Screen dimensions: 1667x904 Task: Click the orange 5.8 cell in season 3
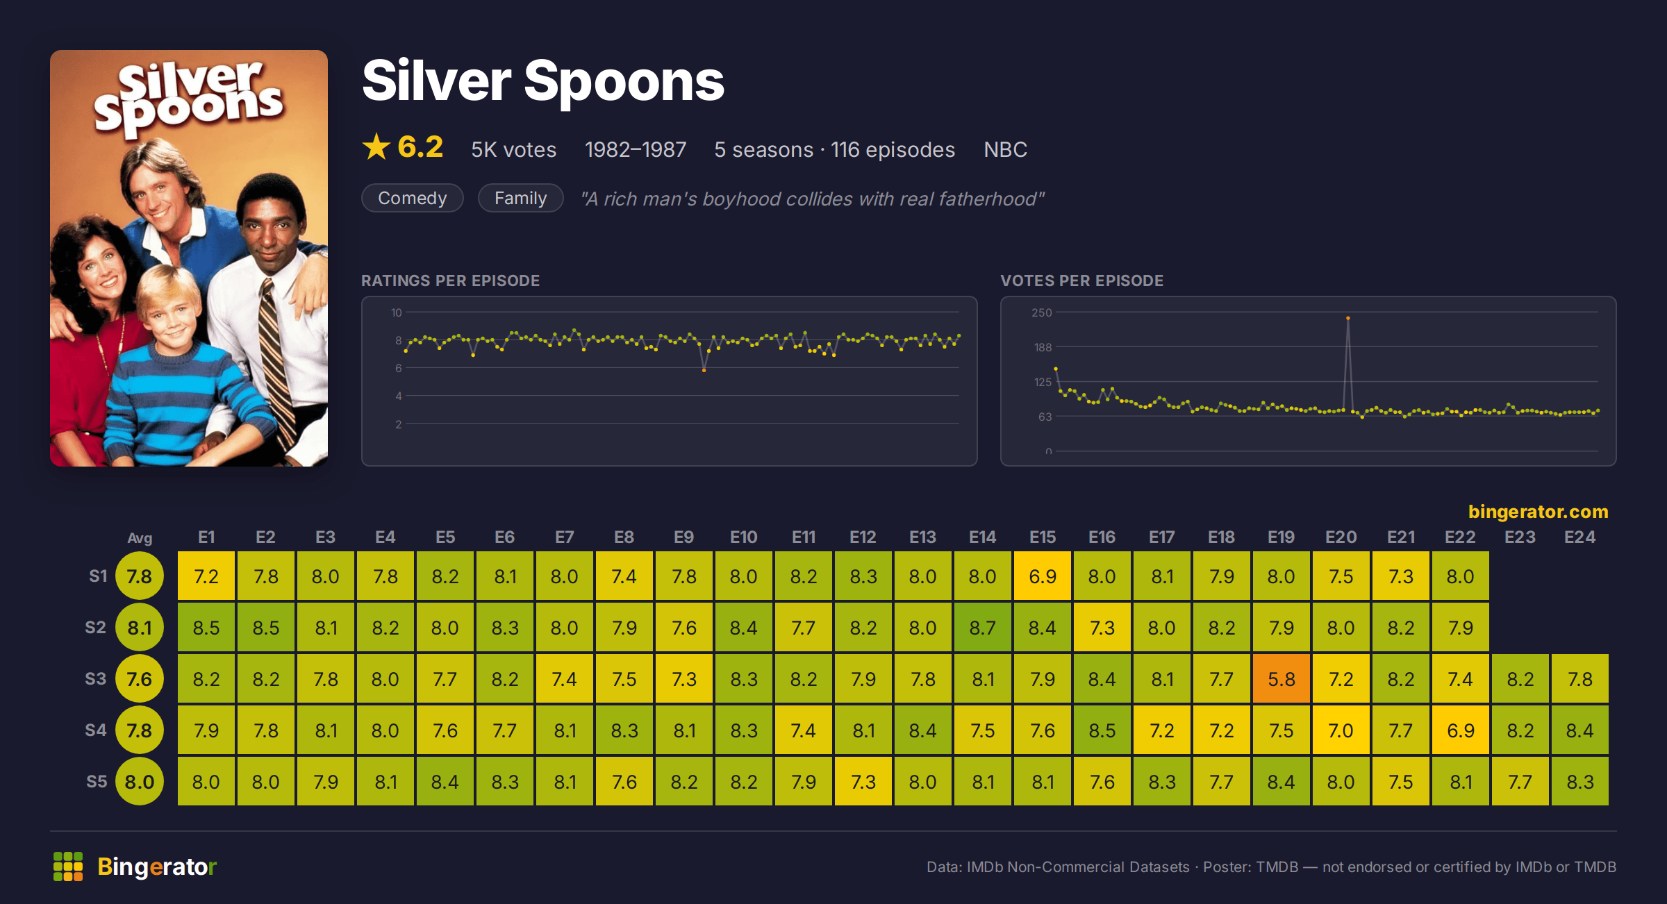pos(1281,678)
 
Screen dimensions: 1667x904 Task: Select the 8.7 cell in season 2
pos(982,627)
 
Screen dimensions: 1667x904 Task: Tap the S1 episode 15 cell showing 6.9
pos(1042,576)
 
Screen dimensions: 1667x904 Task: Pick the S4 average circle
pos(139,730)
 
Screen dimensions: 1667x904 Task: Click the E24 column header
pos(1579,537)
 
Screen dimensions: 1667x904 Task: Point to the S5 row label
pos(97,781)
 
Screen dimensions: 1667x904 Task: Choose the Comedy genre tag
pos(412,198)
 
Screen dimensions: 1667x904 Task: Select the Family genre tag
pos(520,198)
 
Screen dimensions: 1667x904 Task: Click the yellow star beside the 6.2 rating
pos(376,147)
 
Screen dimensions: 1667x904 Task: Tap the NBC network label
pos(1005,149)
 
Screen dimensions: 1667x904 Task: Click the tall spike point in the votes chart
pos(1347,318)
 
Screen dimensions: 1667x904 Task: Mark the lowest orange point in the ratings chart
pos(704,371)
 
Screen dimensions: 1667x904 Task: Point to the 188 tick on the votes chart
pos(1043,347)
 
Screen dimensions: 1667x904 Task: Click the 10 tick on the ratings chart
pos(396,312)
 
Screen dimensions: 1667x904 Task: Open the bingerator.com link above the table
pos(1538,511)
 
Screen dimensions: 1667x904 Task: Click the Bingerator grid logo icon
pos(68,867)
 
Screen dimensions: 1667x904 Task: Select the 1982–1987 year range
pos(635,149)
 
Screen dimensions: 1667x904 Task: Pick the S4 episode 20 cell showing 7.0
pos(1341,730)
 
